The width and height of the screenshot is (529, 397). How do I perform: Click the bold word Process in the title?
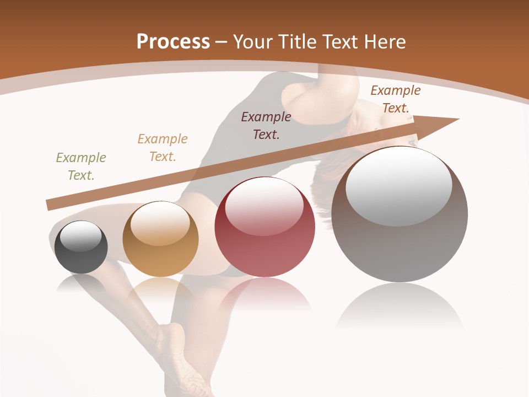pyautogui.click(x=173, y=42)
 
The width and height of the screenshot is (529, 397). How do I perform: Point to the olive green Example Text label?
pyautogui.click(x=81, y=167)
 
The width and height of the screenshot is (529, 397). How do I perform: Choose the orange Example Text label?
pyautogui.click(x=163, y=148)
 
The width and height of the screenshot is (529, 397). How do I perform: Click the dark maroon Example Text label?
pyautogui.click(x=266, y=125)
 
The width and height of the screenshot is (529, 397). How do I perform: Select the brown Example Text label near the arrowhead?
pyautogui.click(x=396, y=99)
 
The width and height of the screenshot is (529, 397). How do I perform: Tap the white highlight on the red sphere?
pyautogui.click(x=264, y=207)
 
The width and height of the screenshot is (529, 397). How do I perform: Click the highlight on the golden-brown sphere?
pyautogui.click(x=160, y=223)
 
